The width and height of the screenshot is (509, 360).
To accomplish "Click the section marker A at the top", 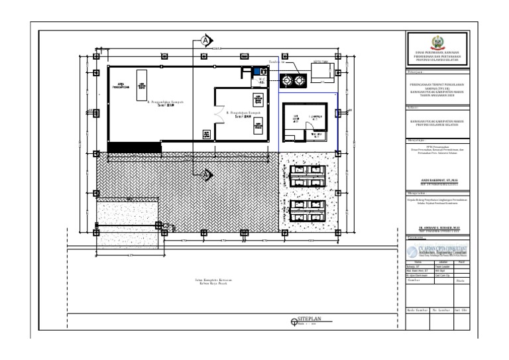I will pyautogui.click(x=206, y=39).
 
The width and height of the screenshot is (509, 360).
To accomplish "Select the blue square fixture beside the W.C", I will pyautogui.click(x=255, y=71).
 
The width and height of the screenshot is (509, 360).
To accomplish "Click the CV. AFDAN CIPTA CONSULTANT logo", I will pyautogui.click(x=435, y=249).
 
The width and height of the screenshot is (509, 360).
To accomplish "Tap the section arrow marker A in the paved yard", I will pyautogui.click(x=206, y=175).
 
